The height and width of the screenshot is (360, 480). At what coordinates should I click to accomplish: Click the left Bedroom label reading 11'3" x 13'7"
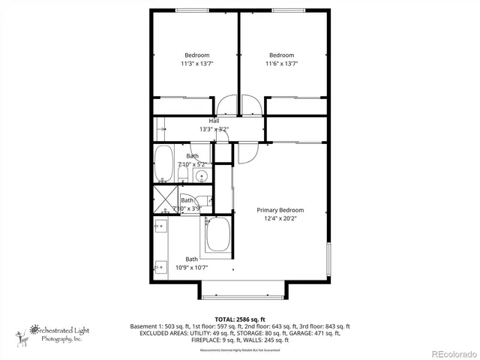pyautogui.click(x=197, y=64)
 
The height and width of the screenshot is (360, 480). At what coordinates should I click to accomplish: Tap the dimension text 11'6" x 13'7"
pyautogui.click(x=281, y=64)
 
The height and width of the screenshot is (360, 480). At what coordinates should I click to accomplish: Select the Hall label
pyautogui.click(x=214, y=121)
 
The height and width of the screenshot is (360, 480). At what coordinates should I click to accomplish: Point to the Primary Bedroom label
pyautogui.click(x=280, y=210)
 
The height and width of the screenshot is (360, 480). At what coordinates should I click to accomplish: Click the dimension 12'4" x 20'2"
pyautogui.click(x=280, y=219)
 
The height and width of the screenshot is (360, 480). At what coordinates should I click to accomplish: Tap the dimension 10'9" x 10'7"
pyautogui.click(x=191, y=267)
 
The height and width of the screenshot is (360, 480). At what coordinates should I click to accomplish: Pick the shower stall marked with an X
pyautogui.click(x=163, y=199)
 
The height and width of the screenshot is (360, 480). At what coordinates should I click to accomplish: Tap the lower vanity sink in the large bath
pyautogui.click(x=160, y=265)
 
